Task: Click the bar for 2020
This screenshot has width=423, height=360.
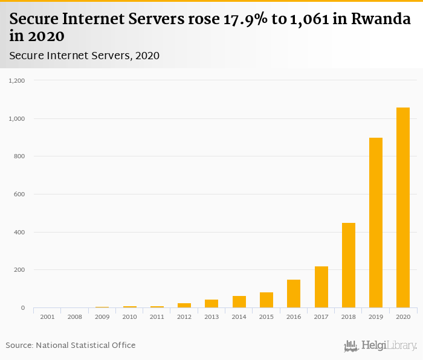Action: pyautogui.click(x=403, y=208)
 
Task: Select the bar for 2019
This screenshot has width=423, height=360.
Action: pyautogui.click(x=376, y=223)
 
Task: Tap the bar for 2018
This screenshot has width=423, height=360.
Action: pyautogui.click(x=349, y=265)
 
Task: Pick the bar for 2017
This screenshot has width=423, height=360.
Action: pyautogui.click(x=321, y=287)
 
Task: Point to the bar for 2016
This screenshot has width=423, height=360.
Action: pyautogui.click(x=294, y=294)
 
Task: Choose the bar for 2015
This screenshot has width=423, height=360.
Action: pyautogui.click(x=266, y=300)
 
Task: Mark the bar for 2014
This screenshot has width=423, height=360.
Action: pyautogui.click(x=239, y=302)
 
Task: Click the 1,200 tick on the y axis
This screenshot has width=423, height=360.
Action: pyautogui.click(x=17, y=80)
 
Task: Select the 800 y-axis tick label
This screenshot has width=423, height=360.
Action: pyautogui.click(x=19, y=156)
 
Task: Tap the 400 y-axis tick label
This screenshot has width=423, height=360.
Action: pyautogui.click(x=19, y=233)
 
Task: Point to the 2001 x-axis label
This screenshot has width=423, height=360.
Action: pyautogui.click(x=47, y=317)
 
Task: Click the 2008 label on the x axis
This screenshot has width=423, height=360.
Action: pyautogui.click(x=75, y=317)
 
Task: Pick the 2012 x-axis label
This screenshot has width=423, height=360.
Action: pyautogui.click(x=184, y=317)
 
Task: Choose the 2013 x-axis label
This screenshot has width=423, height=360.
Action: pyautogui.click(x=211, y=317)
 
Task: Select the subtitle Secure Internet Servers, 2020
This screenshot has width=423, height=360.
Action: pyautogui.click(x=85, y=56)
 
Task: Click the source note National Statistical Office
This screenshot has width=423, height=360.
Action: pyautogui.click(x=71, y=345)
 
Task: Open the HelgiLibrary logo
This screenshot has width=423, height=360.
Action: pyautogui.click(x=380, y=346)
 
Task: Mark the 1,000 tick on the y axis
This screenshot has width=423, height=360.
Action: pyautogui.click(x=17, y=118)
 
